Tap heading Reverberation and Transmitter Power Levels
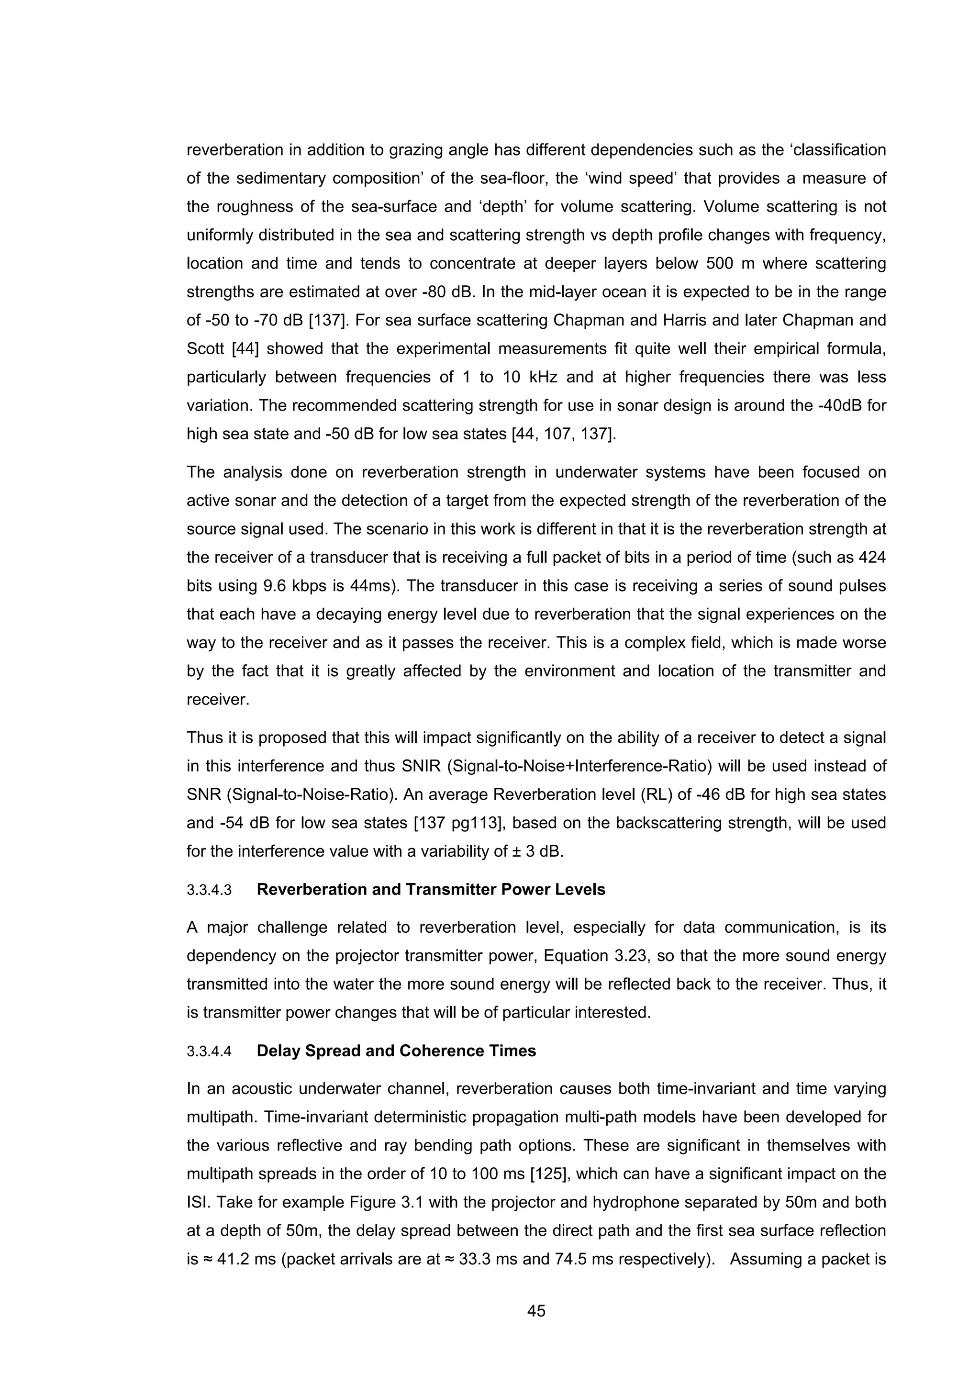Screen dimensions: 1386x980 [431, 890]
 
